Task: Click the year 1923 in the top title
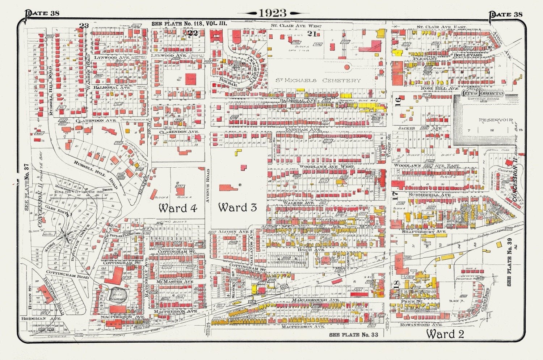click(272, 13)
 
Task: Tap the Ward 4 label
click(177, 208)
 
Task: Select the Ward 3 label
click(237, 207)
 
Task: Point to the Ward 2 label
click(445, 334)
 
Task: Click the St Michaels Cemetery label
click(318, 80)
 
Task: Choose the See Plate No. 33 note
click(353, 335)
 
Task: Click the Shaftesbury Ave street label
click(424, 231)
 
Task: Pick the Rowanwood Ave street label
click(420, 325)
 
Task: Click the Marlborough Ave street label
click(317, 300)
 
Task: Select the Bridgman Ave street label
click(41, 318)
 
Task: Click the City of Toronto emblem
click(483, 93)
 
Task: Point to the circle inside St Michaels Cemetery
click(347, 67)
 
